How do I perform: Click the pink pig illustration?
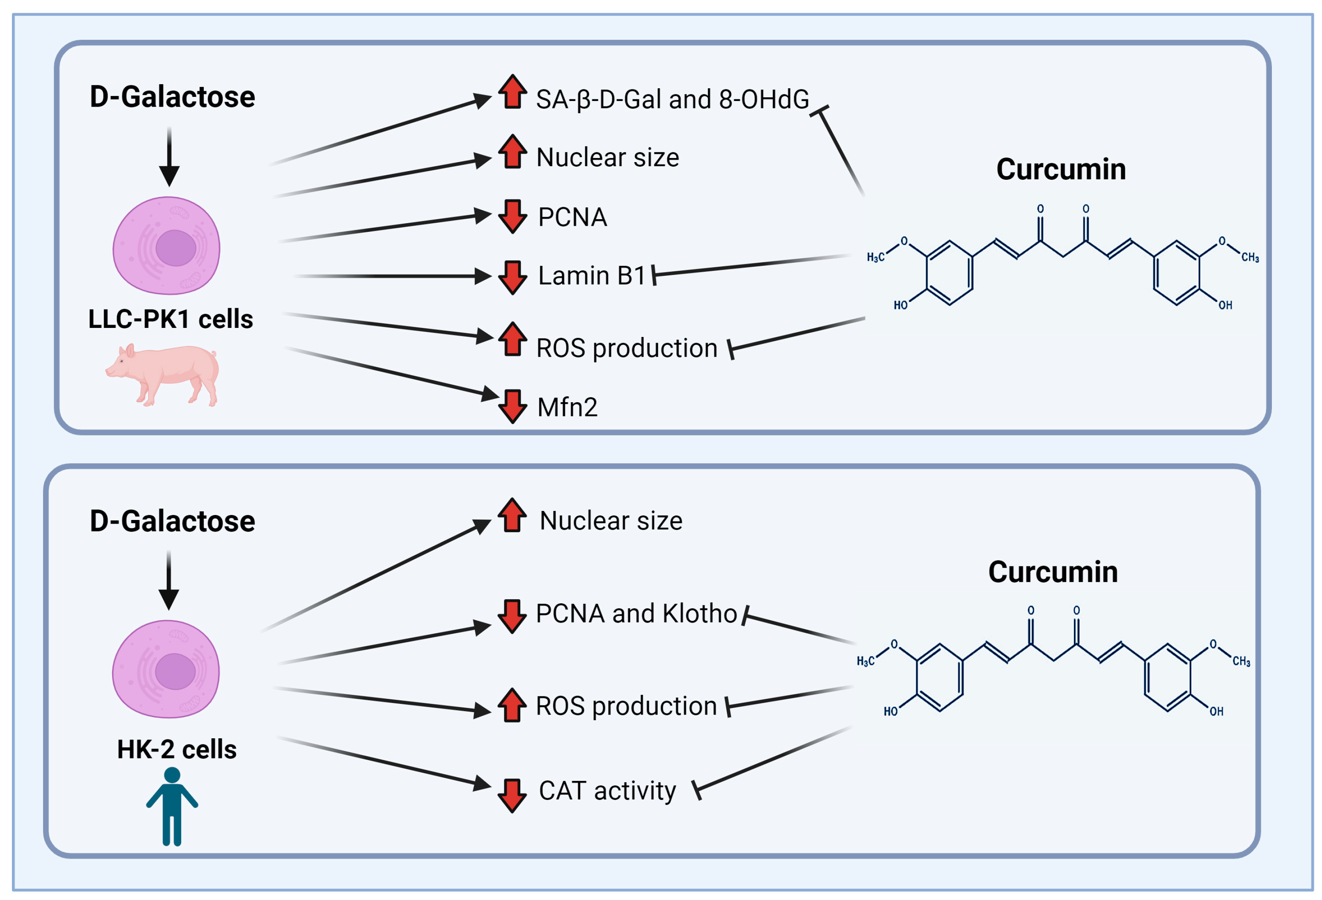162,375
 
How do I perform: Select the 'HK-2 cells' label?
176,749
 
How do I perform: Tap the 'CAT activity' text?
607,791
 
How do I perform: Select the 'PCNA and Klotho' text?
636,614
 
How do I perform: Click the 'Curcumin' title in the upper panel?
1061,169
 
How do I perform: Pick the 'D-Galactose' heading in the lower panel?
172,521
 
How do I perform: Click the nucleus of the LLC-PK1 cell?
176,248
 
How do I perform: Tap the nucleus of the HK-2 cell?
175,671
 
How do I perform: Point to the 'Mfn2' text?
567,408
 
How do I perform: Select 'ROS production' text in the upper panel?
626,348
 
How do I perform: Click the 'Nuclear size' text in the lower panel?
610,521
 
